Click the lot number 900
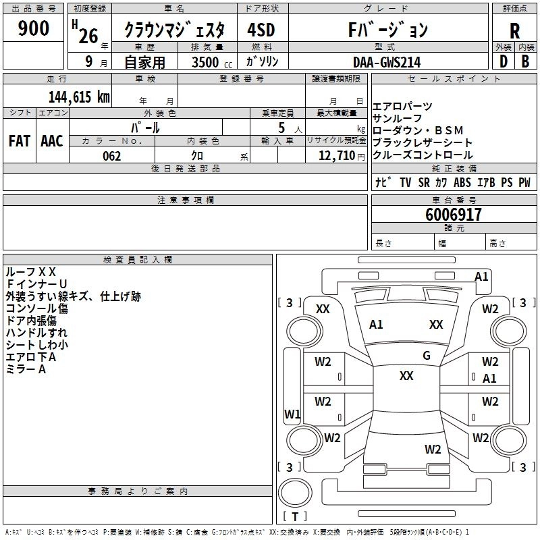click(x=34, y=29)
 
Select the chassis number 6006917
click(x=454, y=215)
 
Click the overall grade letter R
click(x=514, y=30)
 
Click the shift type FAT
click(x=19, y=140)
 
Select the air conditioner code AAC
click(x=52, y=140)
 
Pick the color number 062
click(x=111, y=156)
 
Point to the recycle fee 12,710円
click(x=341, y=156)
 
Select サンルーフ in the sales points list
click(x=397, y=119)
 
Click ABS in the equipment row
click(x=462, y=182)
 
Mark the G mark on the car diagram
click(x=426, y=356)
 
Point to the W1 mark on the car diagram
click(x=292, y=414)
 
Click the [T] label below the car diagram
click(x=295, y=517)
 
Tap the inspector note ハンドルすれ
click(x=36, y=333)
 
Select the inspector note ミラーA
click(x=26, y=369)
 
